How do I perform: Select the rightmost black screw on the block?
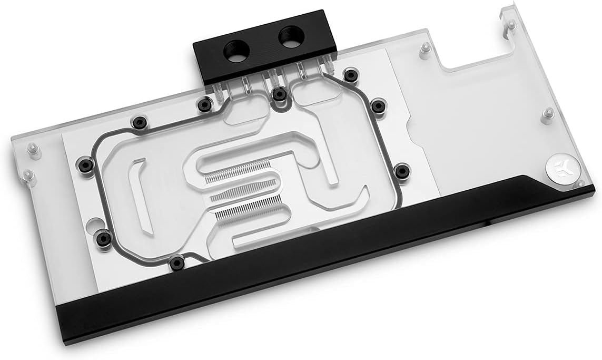(402, 171)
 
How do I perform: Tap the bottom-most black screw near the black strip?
(175, 261)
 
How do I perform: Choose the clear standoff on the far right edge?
(548, 113)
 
